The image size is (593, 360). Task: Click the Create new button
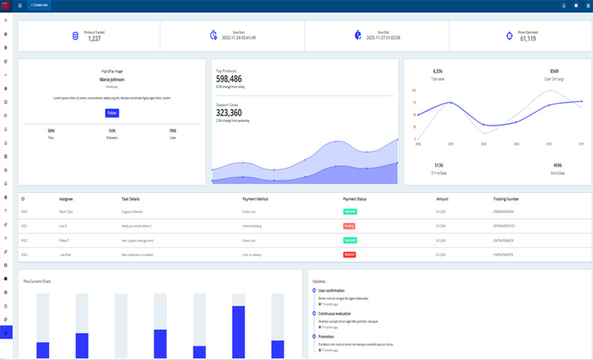(39, 5)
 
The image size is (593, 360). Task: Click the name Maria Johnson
(112, 79)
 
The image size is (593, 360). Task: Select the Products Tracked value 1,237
(94, 38)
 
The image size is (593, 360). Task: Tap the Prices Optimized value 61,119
(528, 38)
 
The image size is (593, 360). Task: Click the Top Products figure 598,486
(229, 78)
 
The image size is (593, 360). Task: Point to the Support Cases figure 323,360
(229, 113)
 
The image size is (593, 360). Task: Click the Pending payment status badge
(349, 226)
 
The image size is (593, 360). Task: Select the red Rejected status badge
(350, 255)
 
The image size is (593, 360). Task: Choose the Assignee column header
(66, 199)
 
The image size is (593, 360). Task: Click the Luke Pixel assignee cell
(66, 255)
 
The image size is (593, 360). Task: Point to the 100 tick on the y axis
(414, 90)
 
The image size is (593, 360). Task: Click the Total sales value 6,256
(438, 72)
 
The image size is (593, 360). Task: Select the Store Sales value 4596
(557, 165)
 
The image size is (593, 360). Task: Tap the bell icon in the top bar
(564, 5)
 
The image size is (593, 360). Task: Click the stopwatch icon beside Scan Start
(214, 35)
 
